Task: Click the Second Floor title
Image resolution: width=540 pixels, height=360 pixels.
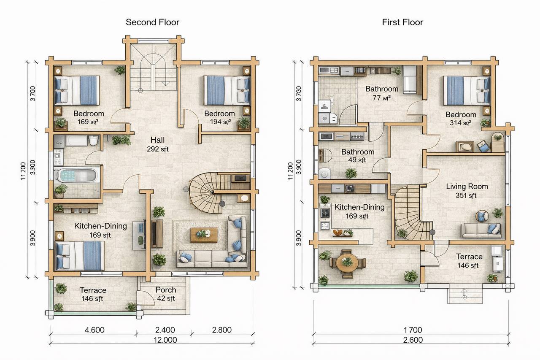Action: click(x=152, y=22)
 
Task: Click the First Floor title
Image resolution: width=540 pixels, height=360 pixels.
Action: click(x=402, y=22)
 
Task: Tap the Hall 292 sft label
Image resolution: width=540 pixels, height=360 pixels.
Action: click(x=158, y=144)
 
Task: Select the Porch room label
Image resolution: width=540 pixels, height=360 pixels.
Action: click(x=166, y=290)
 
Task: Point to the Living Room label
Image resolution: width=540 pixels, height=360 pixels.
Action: click(x=467, y=186)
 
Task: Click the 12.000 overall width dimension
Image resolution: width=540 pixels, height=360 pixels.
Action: click(x=165, y=340)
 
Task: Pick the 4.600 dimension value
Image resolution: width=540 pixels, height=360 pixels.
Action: click(x=94, y=330)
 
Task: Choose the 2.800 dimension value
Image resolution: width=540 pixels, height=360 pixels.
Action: click(x=222, y=330)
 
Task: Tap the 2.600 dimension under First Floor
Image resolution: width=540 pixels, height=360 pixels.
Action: click(x=413, y=340)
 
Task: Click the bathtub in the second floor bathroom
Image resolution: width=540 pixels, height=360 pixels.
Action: click(x=77, y=175)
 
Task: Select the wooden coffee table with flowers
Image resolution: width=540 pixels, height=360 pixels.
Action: click(x=204, y=235)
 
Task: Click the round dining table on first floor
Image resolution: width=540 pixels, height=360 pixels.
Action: click(x=347, y=263)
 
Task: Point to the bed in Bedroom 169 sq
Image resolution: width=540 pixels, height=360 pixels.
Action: click(x=77, y=91)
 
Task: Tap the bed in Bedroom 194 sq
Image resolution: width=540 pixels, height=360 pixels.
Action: click(x=227, y=91)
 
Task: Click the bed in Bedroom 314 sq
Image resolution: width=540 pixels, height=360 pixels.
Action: click(x=467, y=91)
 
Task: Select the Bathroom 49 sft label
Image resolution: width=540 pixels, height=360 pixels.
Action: click(x=358, y=156)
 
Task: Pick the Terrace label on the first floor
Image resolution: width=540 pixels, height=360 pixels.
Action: click(x=469, y=257)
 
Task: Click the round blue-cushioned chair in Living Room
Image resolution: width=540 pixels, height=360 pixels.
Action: click(x=482, y=216)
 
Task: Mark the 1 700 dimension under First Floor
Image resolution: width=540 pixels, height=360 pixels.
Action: click(x=413, y=330)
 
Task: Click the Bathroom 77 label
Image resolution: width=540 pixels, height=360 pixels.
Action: click(x=382, y=93)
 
